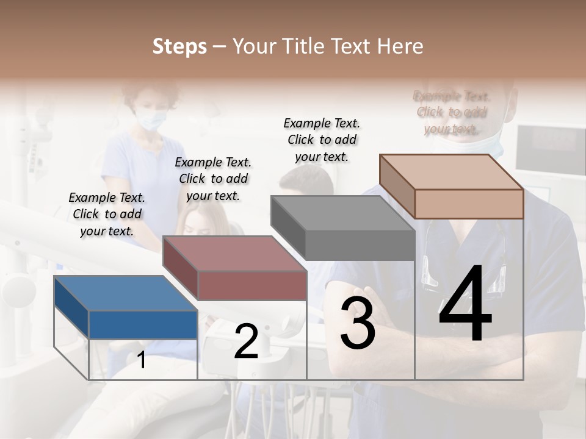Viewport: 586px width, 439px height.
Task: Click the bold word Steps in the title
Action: coord(179,46)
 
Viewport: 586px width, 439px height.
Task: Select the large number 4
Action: coord(465,305)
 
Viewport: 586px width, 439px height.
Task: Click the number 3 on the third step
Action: coord(358,323)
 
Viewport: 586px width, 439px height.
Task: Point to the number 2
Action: coord(246,341)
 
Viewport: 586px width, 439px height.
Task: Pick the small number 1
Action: coord(142,360)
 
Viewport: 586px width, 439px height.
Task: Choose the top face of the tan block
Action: coord(452,172)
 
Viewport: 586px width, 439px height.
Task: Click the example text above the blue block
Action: coord(107,214)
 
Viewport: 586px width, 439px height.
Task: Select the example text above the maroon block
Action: coord(213,179)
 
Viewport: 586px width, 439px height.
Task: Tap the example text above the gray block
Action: coord(322,140)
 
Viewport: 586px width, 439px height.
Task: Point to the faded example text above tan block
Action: coord(452,112)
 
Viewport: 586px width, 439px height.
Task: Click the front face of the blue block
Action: coord(143,324)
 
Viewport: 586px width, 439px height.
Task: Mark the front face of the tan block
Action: coord(469,204)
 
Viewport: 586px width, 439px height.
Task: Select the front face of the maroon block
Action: coord(252,285)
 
